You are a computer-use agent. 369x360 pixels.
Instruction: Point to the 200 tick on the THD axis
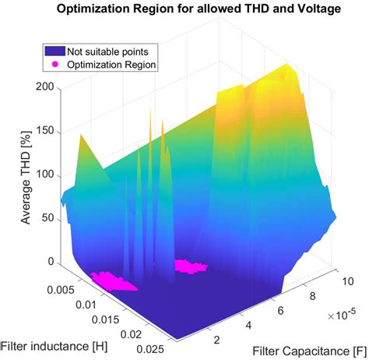tap(44, 87)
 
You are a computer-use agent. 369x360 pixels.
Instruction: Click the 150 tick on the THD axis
tap(44, 132)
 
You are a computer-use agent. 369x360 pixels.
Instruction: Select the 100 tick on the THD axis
tap(44, 175)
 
